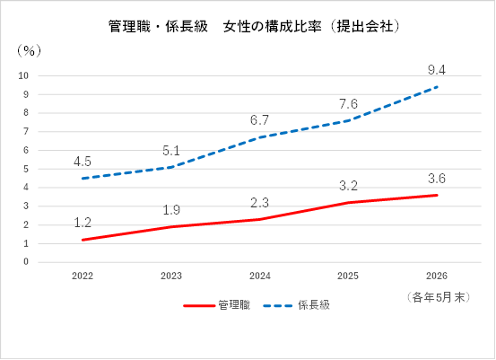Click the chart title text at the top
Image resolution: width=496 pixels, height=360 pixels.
coord(254,26)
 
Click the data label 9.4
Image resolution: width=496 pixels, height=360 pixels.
coord(437,70)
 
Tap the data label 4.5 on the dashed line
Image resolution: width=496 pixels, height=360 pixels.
coord(83,162)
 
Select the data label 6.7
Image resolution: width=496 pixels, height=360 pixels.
coord(259,120)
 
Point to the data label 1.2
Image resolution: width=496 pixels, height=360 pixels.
coord(83,223)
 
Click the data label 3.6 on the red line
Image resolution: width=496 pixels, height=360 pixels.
coord(437,179)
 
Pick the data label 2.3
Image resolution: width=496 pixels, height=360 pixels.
coord(259,203)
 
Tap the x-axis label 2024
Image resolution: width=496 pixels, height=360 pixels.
coord(260,277)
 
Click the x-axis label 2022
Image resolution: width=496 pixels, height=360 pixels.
coord(83,277)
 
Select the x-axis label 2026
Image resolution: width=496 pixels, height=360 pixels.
coord(437,277)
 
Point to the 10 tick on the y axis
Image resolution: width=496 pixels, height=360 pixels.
coord(23,75)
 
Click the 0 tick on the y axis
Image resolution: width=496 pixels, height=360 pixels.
coord(26,262)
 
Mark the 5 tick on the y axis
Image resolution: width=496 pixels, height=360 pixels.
coord(26,169)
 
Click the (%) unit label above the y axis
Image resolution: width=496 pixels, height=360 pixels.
coord(29,50)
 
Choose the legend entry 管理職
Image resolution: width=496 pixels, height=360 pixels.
coord(217,305)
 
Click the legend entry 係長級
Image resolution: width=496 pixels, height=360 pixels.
coord(296,305)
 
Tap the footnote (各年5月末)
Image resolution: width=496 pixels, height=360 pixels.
coord(439,298)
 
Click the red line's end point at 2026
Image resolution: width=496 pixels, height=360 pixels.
coord(437,196)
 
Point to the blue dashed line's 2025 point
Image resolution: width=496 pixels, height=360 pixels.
coord(348,120)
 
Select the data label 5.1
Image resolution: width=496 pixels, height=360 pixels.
coord(171,151)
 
